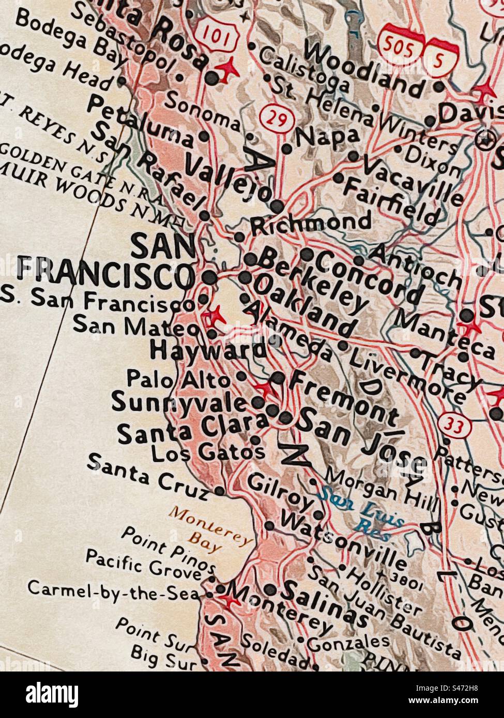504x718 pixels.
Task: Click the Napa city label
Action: (327, 137)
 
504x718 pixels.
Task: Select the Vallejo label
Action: (227, 179)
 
